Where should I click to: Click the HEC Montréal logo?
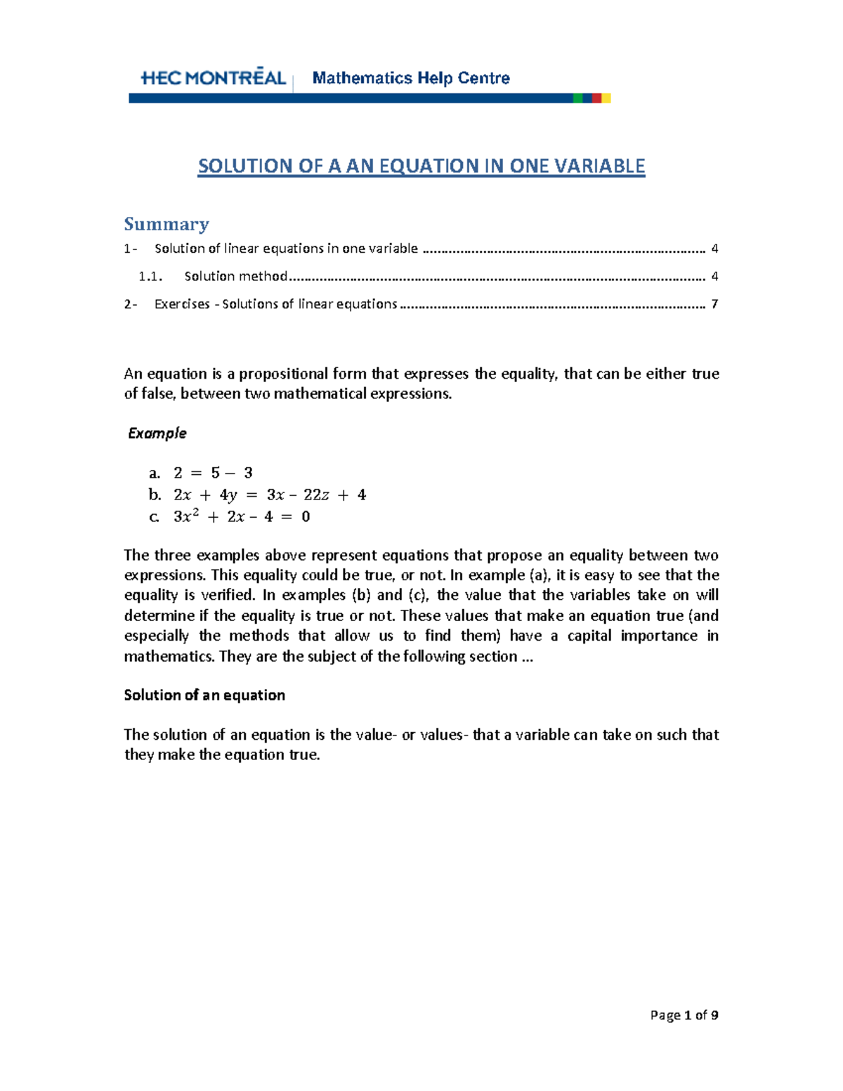213,78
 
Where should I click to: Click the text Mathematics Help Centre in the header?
411,78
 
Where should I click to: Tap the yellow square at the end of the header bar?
606,98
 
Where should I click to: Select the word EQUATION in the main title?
429,166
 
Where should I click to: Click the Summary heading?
166,224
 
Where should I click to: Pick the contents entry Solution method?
235,276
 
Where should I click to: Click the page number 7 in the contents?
714,304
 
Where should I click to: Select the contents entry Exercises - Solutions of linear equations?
275,304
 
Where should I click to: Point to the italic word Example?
157,433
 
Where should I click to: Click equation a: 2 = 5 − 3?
213,473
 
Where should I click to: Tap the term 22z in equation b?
316,495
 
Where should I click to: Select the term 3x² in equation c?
186,517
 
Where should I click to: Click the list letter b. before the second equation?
155,495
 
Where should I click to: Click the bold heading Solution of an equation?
204,695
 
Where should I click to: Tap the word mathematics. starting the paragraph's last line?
169,657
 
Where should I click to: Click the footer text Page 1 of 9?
684,1015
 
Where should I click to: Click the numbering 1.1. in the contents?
150,276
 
